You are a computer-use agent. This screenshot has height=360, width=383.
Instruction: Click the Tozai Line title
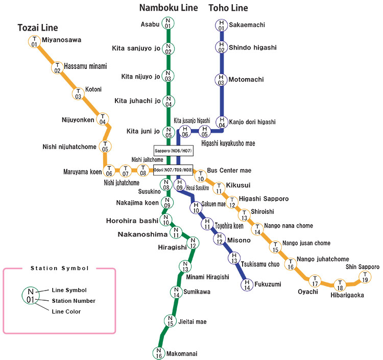[38, 28]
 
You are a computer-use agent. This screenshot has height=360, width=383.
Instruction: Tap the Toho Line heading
[228, 8]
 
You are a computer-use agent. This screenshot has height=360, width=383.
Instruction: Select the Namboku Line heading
[169, 8]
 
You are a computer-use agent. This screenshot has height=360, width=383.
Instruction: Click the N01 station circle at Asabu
[168, 23]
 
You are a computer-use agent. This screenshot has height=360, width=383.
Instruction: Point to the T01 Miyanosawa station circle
[34, 41]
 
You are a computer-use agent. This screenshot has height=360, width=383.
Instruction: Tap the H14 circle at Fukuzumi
[247, 285]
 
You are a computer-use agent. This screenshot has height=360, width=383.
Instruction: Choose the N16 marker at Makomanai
[159, 353]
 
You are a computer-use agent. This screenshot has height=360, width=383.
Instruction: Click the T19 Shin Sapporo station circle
[365, 277]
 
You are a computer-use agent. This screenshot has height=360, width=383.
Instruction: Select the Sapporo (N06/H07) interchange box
[174, 151]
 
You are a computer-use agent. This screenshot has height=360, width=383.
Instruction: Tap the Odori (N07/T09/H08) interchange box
[173, 170]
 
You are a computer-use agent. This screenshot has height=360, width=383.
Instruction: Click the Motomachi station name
[246, 80]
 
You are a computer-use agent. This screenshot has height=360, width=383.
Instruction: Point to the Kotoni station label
[93, 89]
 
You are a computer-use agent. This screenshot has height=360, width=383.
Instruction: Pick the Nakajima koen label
[137, 203]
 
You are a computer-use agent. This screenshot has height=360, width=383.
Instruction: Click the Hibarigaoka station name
[347, 295]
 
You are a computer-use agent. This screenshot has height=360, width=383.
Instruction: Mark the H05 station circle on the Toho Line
[205, 131]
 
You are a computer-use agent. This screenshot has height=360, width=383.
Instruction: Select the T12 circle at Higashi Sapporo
[232, 203]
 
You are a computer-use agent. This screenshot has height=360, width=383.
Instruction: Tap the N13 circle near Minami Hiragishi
[185, 267]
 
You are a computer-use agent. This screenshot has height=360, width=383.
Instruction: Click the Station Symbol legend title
[59, 268]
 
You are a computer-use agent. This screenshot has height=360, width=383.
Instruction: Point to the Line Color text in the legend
[66, 311]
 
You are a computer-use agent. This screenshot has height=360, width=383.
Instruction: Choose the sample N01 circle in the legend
[30, 295]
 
